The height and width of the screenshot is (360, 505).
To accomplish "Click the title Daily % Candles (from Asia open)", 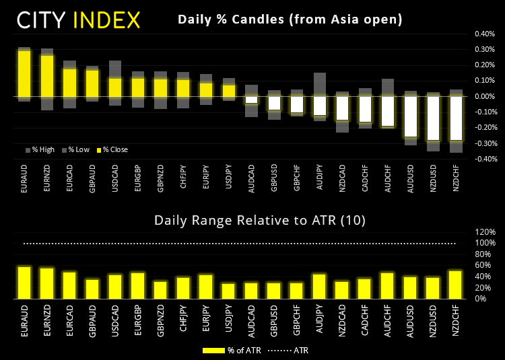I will (x=290, y=20).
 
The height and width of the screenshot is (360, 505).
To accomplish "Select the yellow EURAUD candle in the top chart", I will (x=24, y=73).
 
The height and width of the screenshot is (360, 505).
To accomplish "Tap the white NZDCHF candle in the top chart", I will (x=456, y=118).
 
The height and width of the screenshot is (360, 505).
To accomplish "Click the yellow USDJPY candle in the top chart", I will (x=229, y=90).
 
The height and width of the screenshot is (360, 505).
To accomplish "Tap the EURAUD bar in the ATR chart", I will (x=24, y=283).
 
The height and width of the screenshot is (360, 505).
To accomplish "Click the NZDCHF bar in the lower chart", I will (x=456, y=285).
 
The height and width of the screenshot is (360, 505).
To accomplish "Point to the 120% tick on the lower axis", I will (x=485, y=231).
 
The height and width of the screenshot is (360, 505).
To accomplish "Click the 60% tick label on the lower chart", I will (x=487, y=265).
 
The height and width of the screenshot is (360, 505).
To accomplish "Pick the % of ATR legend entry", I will (x=230, y=350).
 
